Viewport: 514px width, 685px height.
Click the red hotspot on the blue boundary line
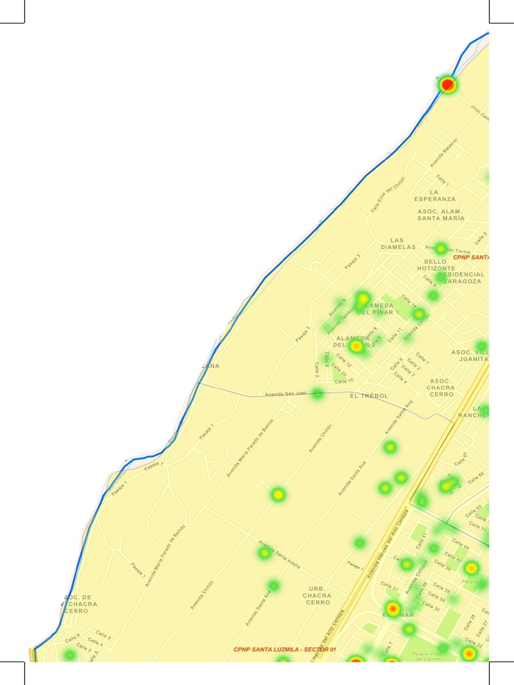pos(448,85)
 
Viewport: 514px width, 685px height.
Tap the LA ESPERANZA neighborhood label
pos(434,195)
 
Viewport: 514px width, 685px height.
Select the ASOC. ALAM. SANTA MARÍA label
pos(440,215)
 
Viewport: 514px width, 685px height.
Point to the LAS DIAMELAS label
pos(398,243)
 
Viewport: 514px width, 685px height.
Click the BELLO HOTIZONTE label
pos(436,265)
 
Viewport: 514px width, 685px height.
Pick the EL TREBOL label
pos(369,396)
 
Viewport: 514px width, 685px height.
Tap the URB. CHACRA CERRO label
pos(317,595)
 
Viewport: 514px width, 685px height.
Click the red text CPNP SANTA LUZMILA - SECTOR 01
pos(285,650)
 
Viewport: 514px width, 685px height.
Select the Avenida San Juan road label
pos(285,394)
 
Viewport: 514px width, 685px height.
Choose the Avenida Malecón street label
pos(444,153)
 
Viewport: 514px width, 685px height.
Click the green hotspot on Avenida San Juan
pos(317,393)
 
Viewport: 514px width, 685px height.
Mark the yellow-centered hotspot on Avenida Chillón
pos(278,495)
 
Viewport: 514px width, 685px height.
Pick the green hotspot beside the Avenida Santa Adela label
pos(265,553)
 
